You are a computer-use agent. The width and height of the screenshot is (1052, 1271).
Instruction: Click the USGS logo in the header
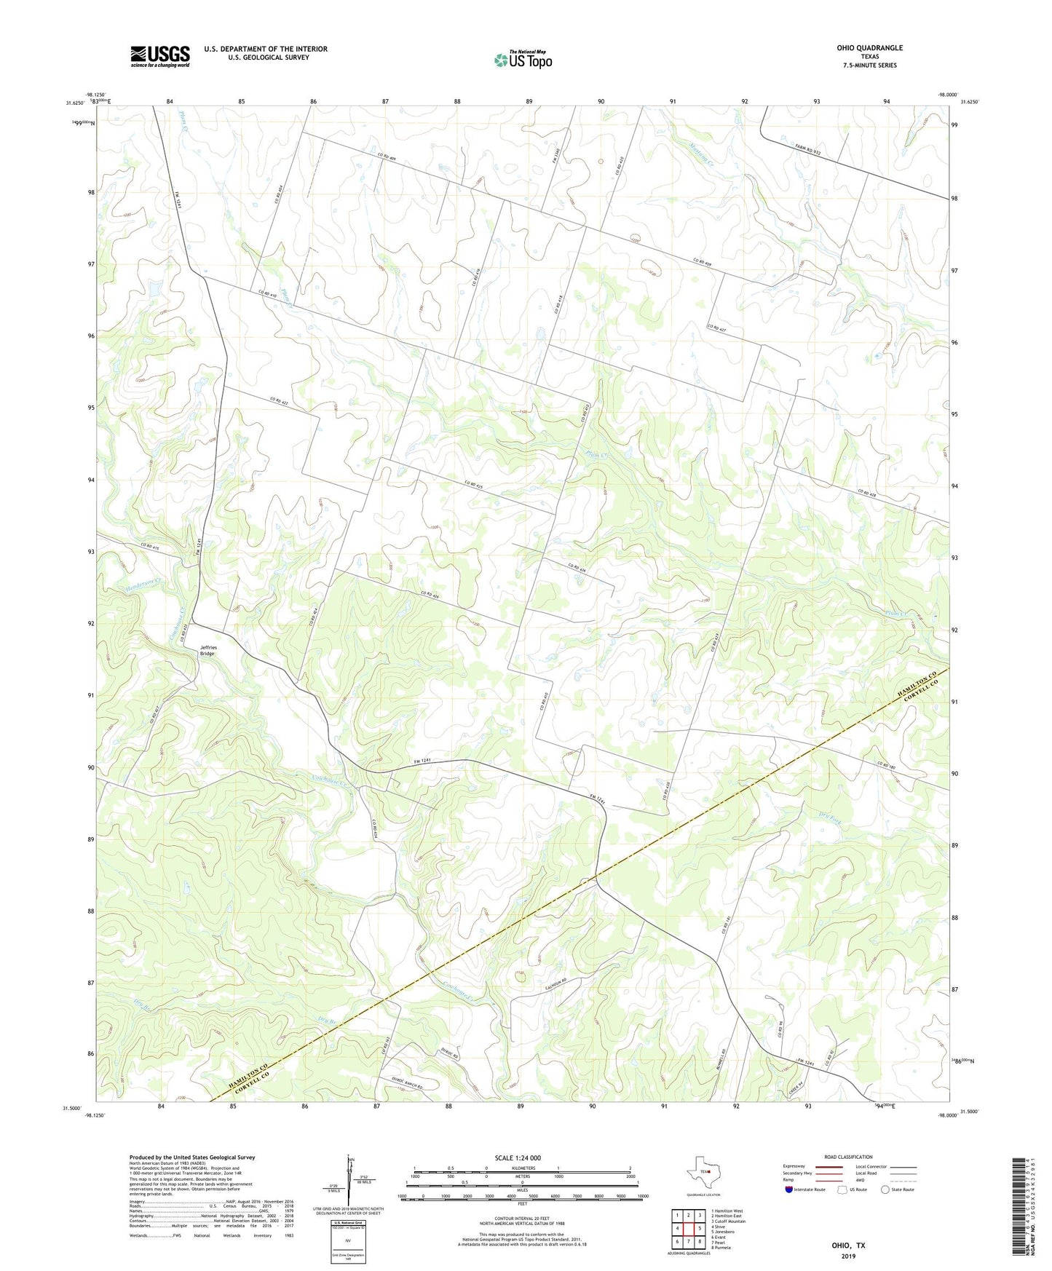160,56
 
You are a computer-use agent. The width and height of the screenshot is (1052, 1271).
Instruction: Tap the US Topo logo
523,60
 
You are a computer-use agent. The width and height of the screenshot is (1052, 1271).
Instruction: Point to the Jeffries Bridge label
208,650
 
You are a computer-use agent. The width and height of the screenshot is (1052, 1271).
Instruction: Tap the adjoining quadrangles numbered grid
688,1228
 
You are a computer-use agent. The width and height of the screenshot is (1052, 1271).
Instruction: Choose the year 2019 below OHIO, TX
848,1256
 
